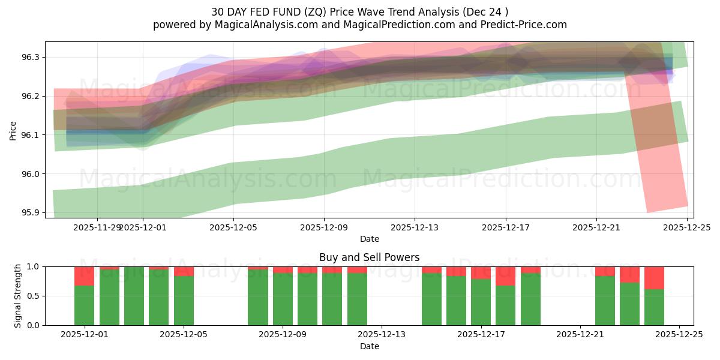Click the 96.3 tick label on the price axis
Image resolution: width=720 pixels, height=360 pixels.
click(31, 57)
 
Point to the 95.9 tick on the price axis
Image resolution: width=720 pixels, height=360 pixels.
click(31, 213)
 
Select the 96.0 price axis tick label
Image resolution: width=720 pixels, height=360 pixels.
click(31, 174)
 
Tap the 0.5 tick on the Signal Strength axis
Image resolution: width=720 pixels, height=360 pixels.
click(33, 296)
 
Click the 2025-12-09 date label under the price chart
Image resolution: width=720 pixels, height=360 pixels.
click(324, 228)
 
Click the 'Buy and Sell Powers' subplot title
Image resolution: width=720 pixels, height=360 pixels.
click(369, 257)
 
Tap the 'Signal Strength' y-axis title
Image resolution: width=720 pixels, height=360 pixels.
click(18, 295)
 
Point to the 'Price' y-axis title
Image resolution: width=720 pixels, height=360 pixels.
click(13, 130)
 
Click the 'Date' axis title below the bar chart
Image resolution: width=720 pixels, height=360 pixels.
click(369, 346)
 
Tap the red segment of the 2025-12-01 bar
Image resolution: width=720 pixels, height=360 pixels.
click(84, 276)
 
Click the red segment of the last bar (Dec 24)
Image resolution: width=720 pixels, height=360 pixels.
click(654, 278)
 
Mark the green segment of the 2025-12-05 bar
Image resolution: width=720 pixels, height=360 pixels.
click(184, 300)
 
